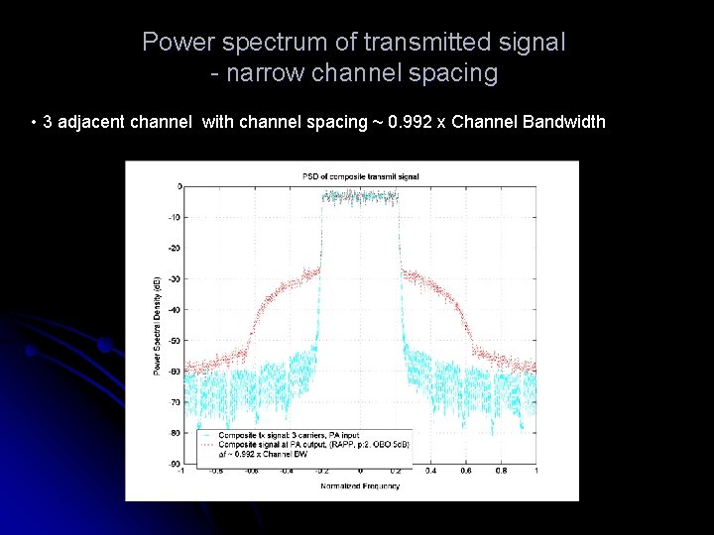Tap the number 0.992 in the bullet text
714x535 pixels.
point(410,123)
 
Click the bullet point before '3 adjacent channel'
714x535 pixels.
point(35,123)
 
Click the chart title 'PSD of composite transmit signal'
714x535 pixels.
point(360,176)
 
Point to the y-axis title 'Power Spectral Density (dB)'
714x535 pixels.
point(157,325)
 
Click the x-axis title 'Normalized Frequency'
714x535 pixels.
point(360,486)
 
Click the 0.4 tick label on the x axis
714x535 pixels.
point(430,472)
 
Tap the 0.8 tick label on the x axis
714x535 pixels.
point(501,472)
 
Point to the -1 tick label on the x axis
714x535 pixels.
point(180,472)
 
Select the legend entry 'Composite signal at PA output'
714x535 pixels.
point(297,443)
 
